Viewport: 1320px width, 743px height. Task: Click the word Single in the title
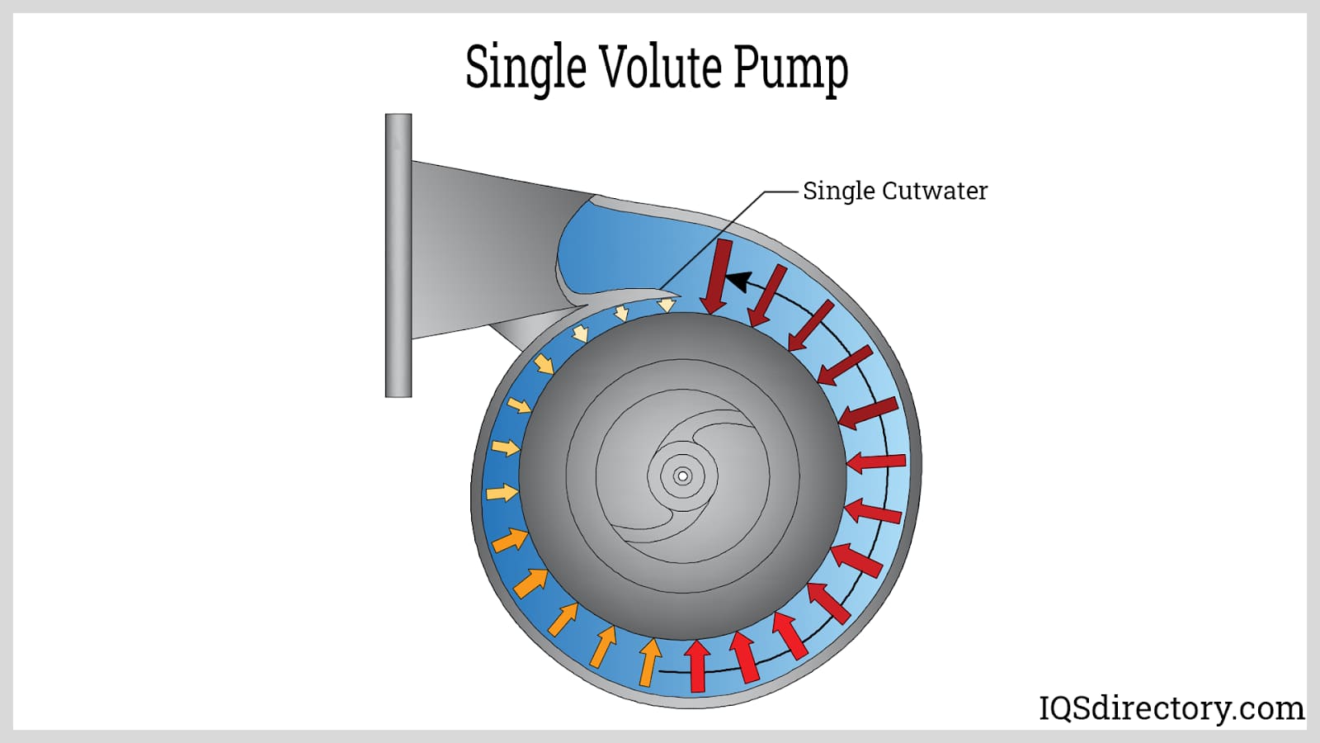(525, 68)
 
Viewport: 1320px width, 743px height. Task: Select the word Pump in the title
(790, 68)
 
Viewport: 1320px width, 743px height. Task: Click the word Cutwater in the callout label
(935, 191)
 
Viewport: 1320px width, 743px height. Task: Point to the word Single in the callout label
(838, 192)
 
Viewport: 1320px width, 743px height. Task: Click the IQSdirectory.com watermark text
(1171, 708)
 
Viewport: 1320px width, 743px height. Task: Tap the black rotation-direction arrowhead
(737, 282)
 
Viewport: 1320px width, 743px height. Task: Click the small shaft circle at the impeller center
(682, 476)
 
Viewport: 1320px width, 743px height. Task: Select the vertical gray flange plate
(398, 255)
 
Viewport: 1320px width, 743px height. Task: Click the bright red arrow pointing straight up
(698, 665)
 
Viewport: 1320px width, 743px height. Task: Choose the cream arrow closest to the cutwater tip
(666, 305)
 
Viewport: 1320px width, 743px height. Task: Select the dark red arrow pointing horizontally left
(876, 462)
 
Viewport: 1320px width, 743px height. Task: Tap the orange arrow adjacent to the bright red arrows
(649, 661)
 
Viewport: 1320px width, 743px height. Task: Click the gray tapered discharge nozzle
(478, 248)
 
